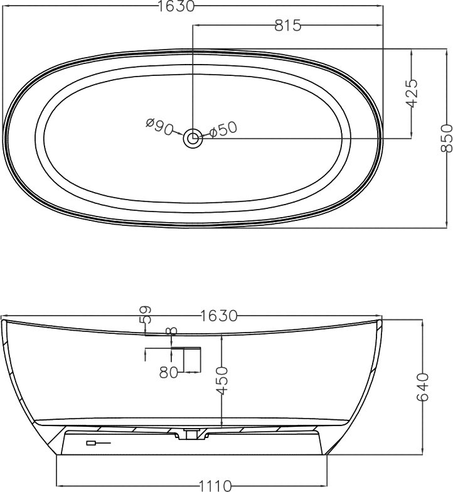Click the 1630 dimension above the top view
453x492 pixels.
[x=176, y=6]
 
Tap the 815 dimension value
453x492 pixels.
[x=287, y=25]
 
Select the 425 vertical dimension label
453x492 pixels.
[x=412, y=93]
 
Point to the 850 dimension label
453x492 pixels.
[x=447, y=138]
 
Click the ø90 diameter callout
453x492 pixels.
[x=159, y=126]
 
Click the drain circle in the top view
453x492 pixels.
[x=192, y=138]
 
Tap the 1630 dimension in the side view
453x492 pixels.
[x=218, y=316]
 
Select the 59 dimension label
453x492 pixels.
[x=145, y=314]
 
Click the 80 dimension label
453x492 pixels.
[x=168, y=373]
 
